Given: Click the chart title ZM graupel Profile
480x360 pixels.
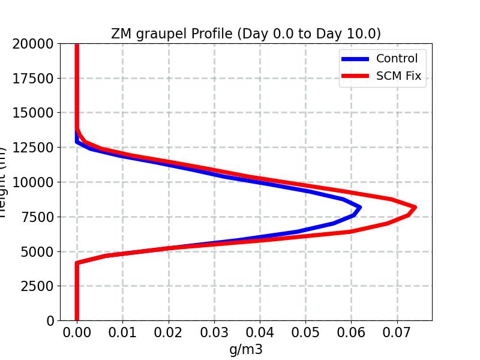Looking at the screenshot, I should tap(245, 34).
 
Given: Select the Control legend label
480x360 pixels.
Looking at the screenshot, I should tap(397, 58).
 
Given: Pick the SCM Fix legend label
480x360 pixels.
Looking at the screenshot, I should tap(398, 76).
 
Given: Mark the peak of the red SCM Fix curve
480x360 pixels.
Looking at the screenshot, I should tap(415, 208).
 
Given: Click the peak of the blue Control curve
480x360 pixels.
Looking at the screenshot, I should tap(359, 208).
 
